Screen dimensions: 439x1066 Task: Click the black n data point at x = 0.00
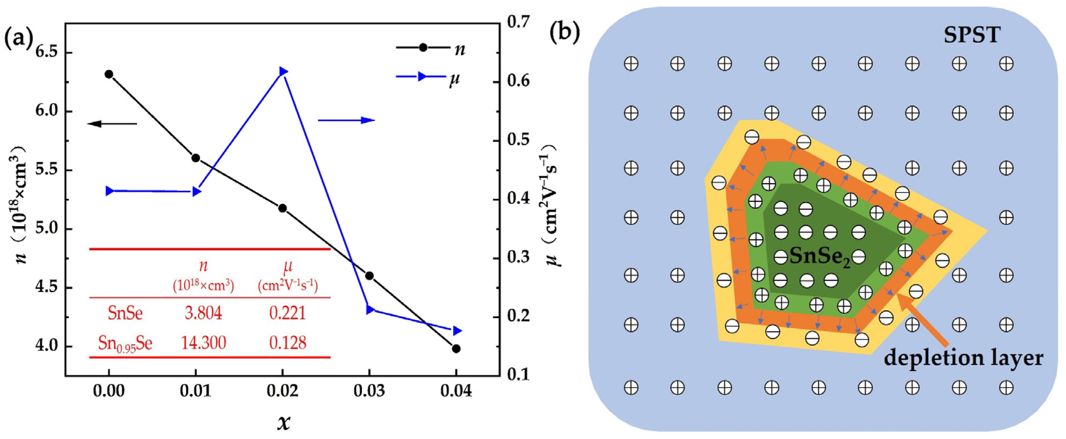click(x=109, y=74)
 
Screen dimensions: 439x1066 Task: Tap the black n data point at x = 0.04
click(x=456, y=349)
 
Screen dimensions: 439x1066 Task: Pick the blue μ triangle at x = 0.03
click(x=370, y=310)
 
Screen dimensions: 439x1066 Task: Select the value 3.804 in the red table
click(x=203, y=313)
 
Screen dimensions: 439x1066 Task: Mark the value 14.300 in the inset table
click(x=203, y=343)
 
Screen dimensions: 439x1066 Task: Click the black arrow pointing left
click(x=112, y=123)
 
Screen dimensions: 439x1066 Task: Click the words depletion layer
click(x=963, y=358)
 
